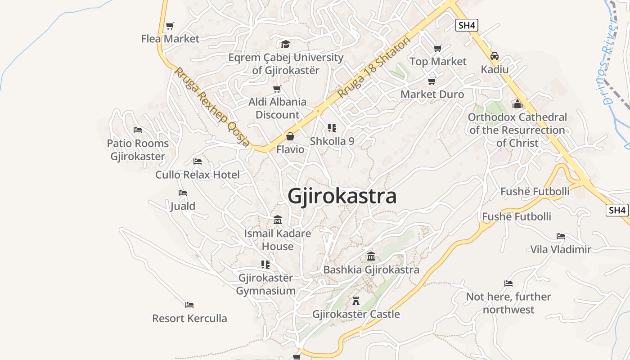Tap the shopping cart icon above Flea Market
(x=170, y=26)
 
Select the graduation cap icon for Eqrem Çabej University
(x=285, y=44)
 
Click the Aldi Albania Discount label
(x=277, y=108)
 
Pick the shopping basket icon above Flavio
(x=290, y=136)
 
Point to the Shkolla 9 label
(x=332, y=141)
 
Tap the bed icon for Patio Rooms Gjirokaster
(x=138, y=130)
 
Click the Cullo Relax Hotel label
(x=198, y=175)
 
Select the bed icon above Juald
(x=182, y=193)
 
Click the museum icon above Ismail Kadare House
(x=278, y=220)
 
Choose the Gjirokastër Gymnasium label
(x=266, y=284)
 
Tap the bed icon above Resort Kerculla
(x=189, y=305)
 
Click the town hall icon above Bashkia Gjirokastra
(x=371, y=256)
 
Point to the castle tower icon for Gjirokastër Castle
(x=356, y=301)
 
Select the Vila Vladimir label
(x=561, y=249)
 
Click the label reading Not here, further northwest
(x=508, y=303)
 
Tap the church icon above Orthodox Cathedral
(x=517, y=104)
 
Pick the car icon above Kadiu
(x=495, y=56)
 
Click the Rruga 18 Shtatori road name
(x=374, y=67)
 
